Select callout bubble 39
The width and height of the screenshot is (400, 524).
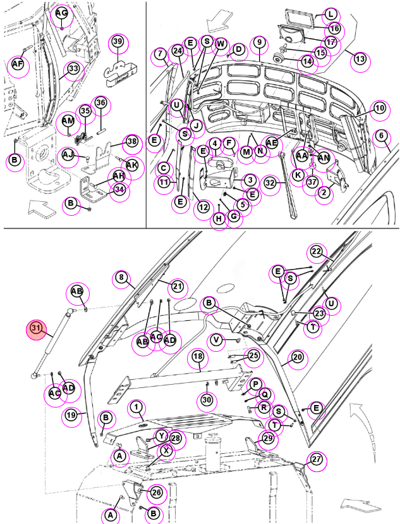(x=118, y=41)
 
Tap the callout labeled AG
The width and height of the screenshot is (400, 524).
(x=62, y=13)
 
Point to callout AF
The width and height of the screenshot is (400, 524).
(x=18, y=64)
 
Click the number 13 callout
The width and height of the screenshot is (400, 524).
(x=360, y=59)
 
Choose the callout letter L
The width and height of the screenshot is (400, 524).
(x=330, y=15)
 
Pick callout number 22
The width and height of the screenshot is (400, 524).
(x=316, y=251)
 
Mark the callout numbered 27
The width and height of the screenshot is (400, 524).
(x=316, y=459)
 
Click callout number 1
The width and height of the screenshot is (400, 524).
(x=136, y=407)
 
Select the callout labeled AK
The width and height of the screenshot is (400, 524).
(x=132, y=165)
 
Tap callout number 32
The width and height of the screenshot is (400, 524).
(x=270, y=183)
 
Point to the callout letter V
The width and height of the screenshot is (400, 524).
(x=217, y=340)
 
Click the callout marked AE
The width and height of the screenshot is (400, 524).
(x=272, y=143)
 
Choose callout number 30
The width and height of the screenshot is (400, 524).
(x=207, y=400)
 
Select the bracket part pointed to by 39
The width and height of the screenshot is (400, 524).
(x=120, y=73)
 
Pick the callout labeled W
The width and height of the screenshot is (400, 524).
(x=221, y=44)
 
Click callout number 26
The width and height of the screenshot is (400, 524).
(x=156, y=492)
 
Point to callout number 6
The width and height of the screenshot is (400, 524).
(x=381, y=135)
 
